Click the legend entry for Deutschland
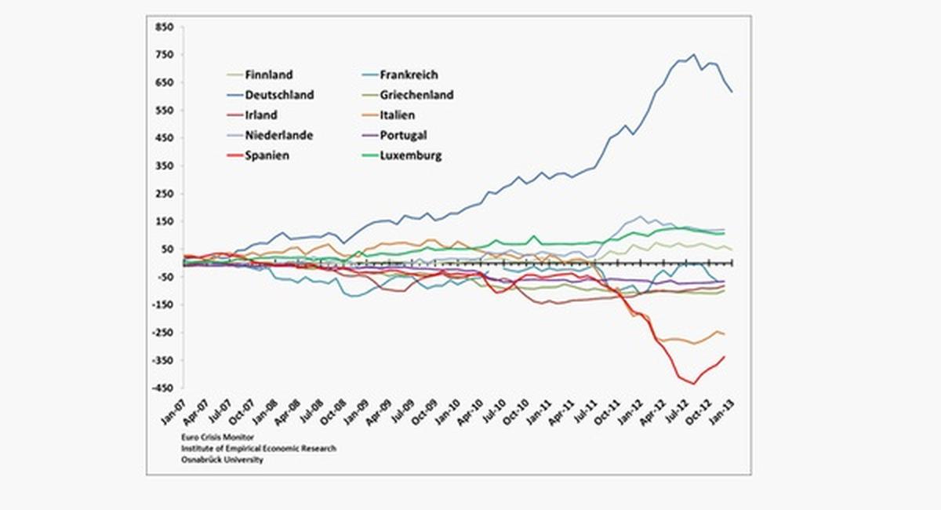[x=279, y=95]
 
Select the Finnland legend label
[x=269, y=75]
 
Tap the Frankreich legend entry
[x=409, y=75]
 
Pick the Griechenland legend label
[x=416, y=95]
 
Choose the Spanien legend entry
[x=267, y=155]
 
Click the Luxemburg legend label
[x=411, y=155]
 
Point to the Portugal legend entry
[x=403, y=135]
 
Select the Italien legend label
[x=398, y=115]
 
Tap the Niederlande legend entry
[x=278, y=135]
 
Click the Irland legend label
[x=261, y=115]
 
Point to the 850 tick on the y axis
[x=164, y=27]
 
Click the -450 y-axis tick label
[x=162, y=388]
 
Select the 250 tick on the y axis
[x=164, y=194]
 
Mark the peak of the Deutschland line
[x=693, y=55]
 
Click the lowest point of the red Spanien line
[x=693, y=384]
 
